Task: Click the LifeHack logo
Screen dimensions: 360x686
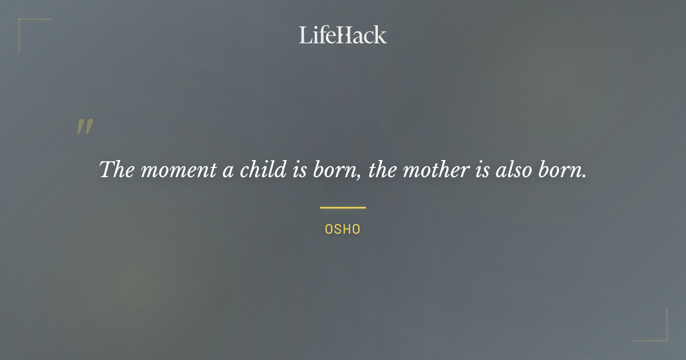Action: (x=342, y=35)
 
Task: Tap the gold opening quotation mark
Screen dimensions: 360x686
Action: (x=85, y=127)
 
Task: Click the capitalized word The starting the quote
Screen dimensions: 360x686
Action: (x=117, y=169)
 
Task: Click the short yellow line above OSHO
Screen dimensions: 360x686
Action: (x=342, y=207)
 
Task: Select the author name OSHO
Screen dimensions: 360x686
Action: (x=342, y=230)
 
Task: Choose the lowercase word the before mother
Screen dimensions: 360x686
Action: (x=382, y=169)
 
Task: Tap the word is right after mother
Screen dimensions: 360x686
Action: (x=482, y=169)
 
